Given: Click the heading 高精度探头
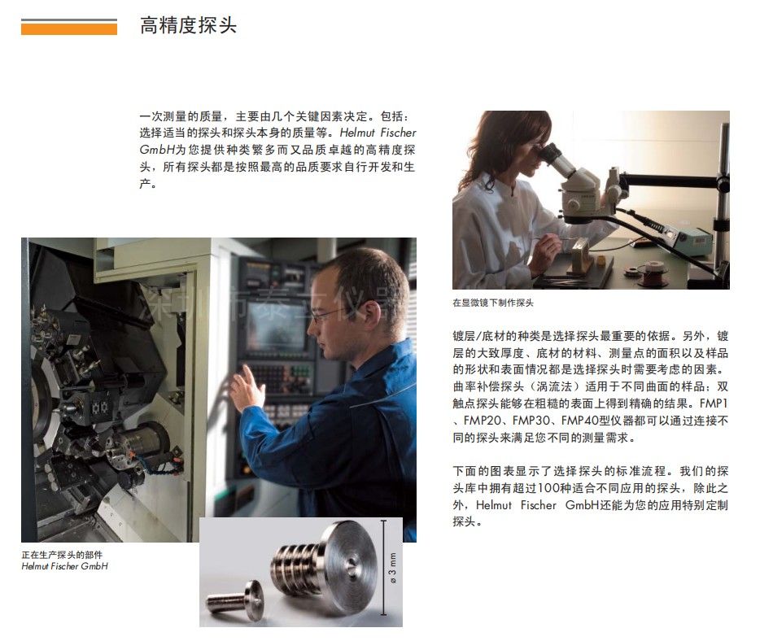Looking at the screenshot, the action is (x=188, y=25).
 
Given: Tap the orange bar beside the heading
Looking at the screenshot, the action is (x=69, y=29).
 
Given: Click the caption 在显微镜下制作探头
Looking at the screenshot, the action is (x=493, y=303).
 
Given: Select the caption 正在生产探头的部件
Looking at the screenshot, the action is (x=62, y=555).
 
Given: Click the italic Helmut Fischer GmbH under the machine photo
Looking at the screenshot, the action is (x=64, y=566).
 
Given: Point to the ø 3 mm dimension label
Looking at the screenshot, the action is (x=393, y=568).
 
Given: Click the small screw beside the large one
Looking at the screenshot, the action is (x=235, y=600).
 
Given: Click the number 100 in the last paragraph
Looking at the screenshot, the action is (x=548, y=488).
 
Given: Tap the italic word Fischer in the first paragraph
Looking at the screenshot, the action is (x=398, y=133).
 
